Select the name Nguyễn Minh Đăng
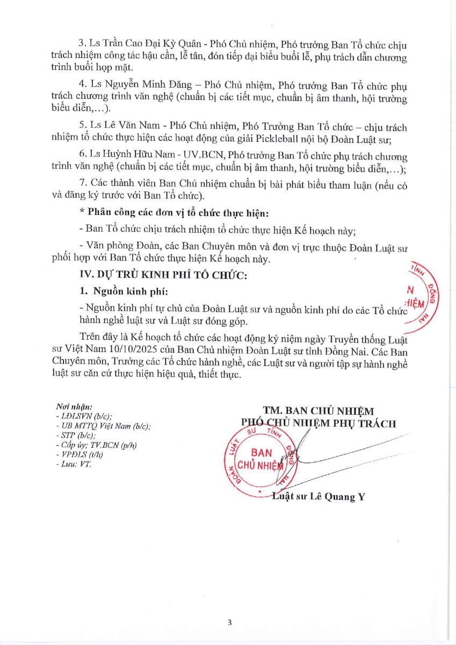(128, 85)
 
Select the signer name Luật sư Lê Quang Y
(319, 497)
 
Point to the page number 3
(229, 623)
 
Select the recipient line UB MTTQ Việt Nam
(103, 426)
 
